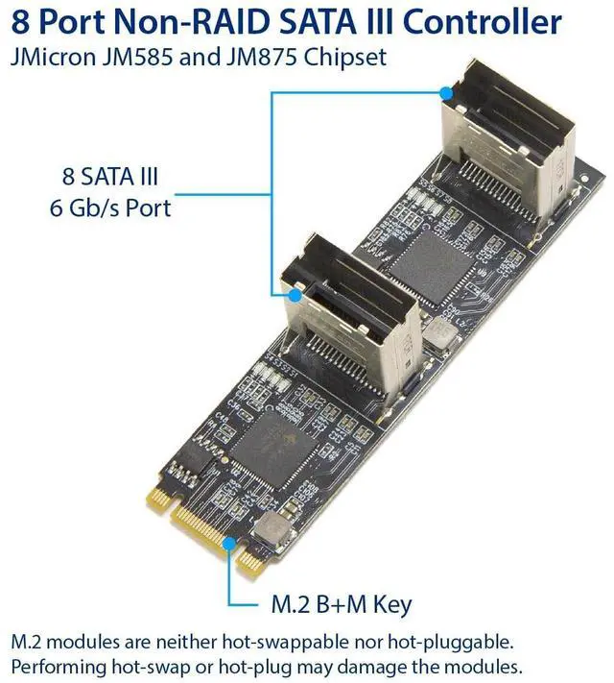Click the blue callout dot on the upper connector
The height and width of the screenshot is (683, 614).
(445, 93)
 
